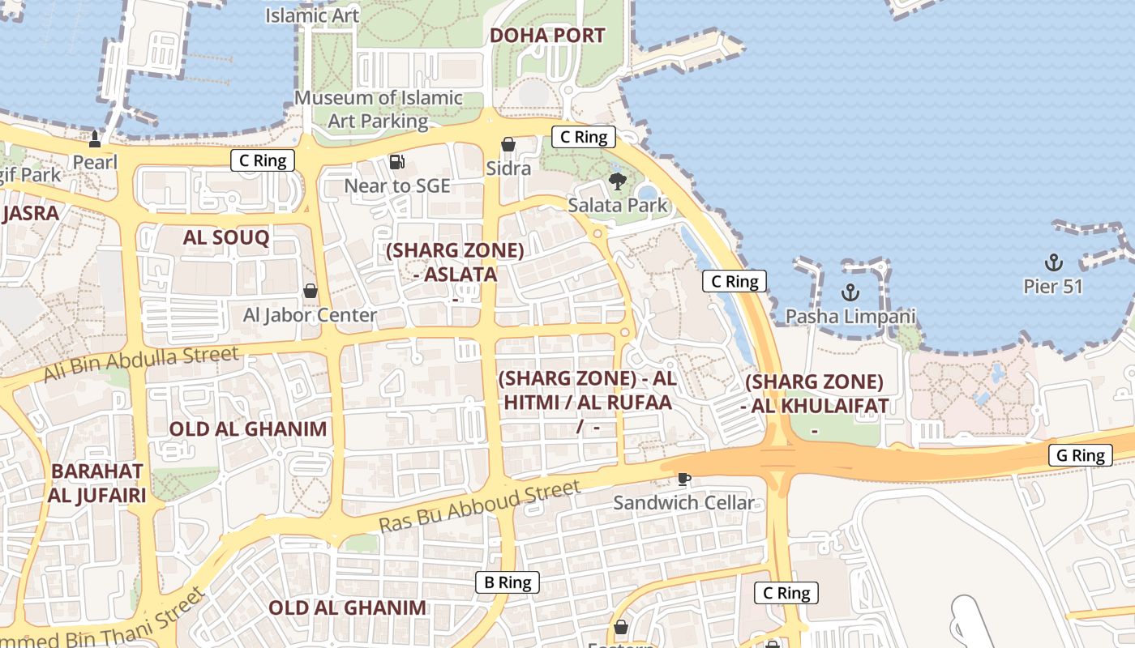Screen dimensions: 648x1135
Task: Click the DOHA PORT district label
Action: coord(547,36)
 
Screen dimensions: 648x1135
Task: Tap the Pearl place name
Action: coord(95,162)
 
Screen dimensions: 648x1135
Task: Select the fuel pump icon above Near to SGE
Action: coord(396,162)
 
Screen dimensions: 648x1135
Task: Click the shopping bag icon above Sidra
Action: coord(508,144)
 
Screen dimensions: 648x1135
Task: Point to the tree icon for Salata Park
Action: coord(618,181)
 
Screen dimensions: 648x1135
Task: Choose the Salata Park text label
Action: coord(618,205)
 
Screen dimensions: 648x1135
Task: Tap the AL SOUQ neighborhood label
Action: coord(225,237)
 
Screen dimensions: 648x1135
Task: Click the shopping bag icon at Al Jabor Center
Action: coord(310,290)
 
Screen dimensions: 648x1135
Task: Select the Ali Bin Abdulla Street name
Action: coord(142,363)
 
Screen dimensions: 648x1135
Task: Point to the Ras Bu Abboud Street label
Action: coord(480,506)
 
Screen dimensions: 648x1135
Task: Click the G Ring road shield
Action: coord(1081,455)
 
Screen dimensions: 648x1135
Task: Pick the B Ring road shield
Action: coord(508,582)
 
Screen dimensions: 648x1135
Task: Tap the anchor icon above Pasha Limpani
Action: coord(850,292)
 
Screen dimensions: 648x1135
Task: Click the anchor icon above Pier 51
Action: coord(1053,262)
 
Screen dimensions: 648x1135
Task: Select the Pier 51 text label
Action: coord(1052,287)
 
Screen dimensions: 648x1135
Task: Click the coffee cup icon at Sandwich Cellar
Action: coord(684,479)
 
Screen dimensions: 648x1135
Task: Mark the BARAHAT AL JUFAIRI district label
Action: coord(97,483)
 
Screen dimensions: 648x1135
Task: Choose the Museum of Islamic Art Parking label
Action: coord(378,109)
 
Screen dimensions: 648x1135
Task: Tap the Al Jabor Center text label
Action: coord(310,315)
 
